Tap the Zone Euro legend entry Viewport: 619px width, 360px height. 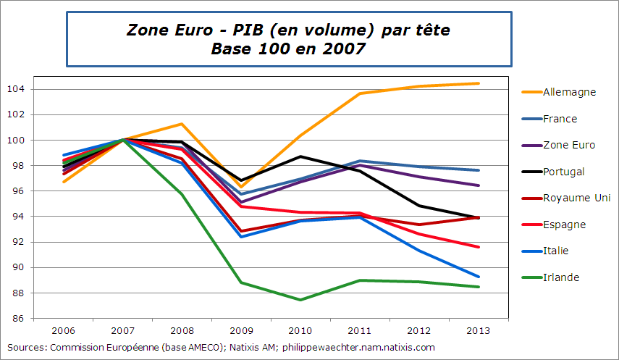(568, 145)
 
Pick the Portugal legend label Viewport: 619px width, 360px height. (563, 172)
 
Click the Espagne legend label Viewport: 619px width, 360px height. (564, 225)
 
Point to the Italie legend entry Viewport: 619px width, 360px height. (555, 251)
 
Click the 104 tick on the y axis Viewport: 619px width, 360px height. (17, 89)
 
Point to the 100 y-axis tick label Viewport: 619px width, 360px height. (17, 140)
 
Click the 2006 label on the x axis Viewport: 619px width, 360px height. (64, 331)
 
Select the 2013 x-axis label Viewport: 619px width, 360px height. (479, 331)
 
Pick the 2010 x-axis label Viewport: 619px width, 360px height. (300, 331)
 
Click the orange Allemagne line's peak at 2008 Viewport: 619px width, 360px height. (182, 124)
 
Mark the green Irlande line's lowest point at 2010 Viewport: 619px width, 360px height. (300, 300)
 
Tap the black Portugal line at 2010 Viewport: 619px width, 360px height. (300, 156)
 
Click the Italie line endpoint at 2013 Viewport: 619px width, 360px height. (479, 277)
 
